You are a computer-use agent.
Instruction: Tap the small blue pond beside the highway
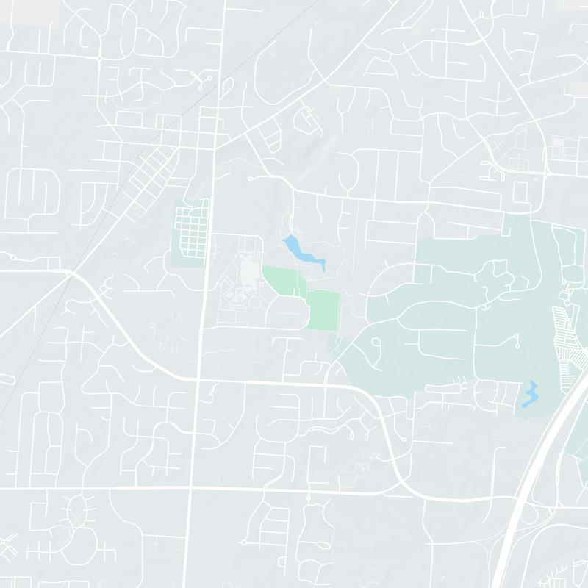[529, 394]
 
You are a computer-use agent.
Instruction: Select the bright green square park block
[324, 309]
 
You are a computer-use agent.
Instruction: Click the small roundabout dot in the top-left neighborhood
[98, 57]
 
